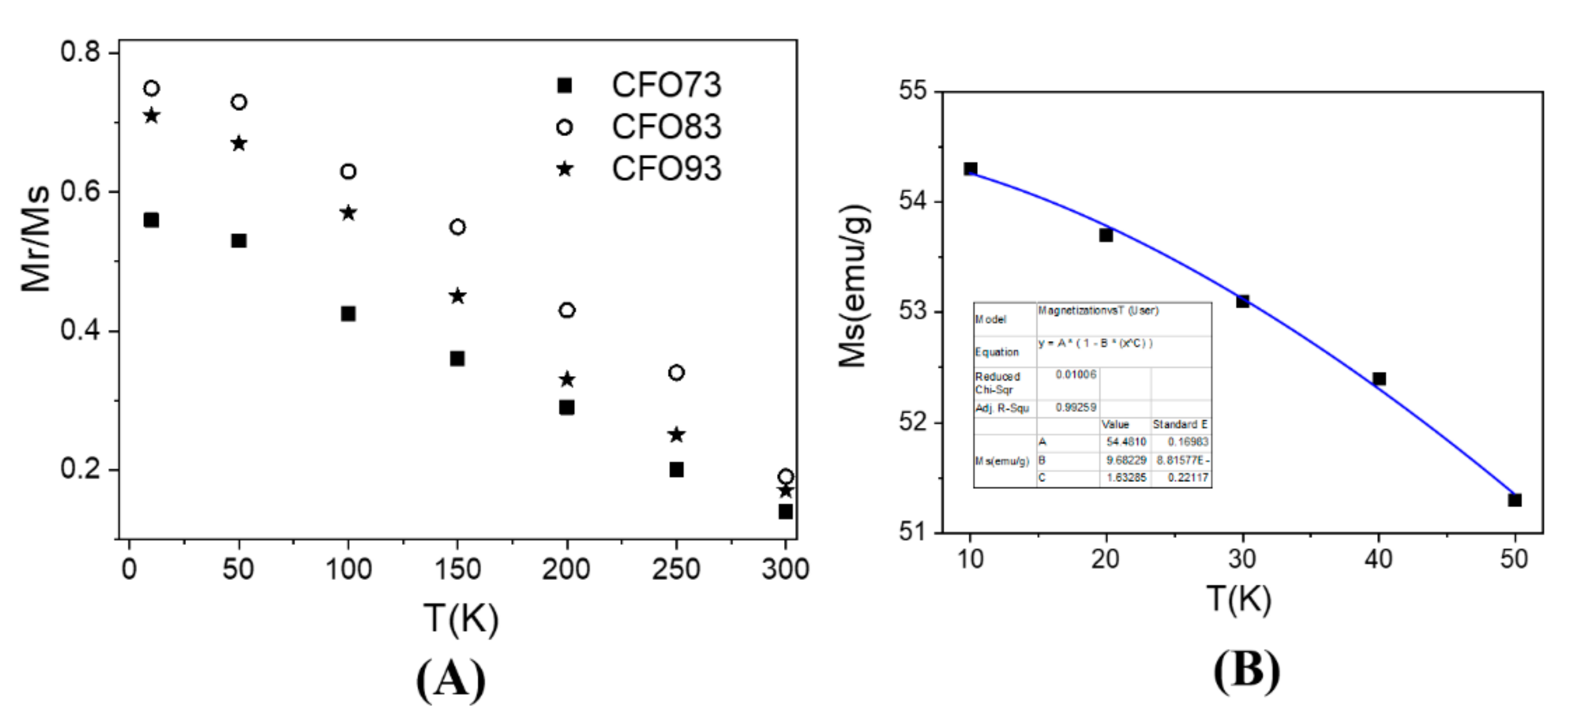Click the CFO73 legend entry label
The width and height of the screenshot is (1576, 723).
point(666,85)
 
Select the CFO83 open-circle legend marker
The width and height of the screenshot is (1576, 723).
point(564,127)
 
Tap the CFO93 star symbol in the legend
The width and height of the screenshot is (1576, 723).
point(564,168)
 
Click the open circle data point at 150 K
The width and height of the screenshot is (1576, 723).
point(458,227)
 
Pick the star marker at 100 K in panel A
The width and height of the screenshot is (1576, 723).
point(348,213)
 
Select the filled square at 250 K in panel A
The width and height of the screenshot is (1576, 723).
point(676,470)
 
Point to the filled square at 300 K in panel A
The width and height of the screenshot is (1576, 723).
point(786,511)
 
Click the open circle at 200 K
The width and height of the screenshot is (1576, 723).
point(567,310)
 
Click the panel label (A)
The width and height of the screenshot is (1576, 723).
point(452,680)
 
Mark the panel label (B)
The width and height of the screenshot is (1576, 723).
point(1246,670)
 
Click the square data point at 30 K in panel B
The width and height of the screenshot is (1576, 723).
point(1243,301)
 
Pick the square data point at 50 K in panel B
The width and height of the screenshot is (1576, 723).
point(1515,500)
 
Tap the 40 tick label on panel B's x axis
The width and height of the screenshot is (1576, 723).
point(1378,558)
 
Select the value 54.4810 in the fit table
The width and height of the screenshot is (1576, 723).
point(1126,442)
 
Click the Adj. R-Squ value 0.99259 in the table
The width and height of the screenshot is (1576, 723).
point(1076,407)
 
